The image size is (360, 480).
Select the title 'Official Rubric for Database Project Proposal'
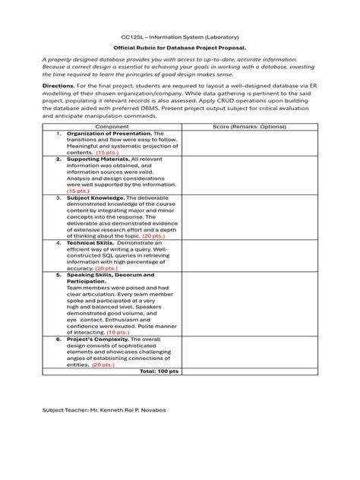[179, 48]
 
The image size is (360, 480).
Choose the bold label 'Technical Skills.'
[95, 242]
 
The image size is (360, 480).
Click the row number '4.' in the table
[58, 242]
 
